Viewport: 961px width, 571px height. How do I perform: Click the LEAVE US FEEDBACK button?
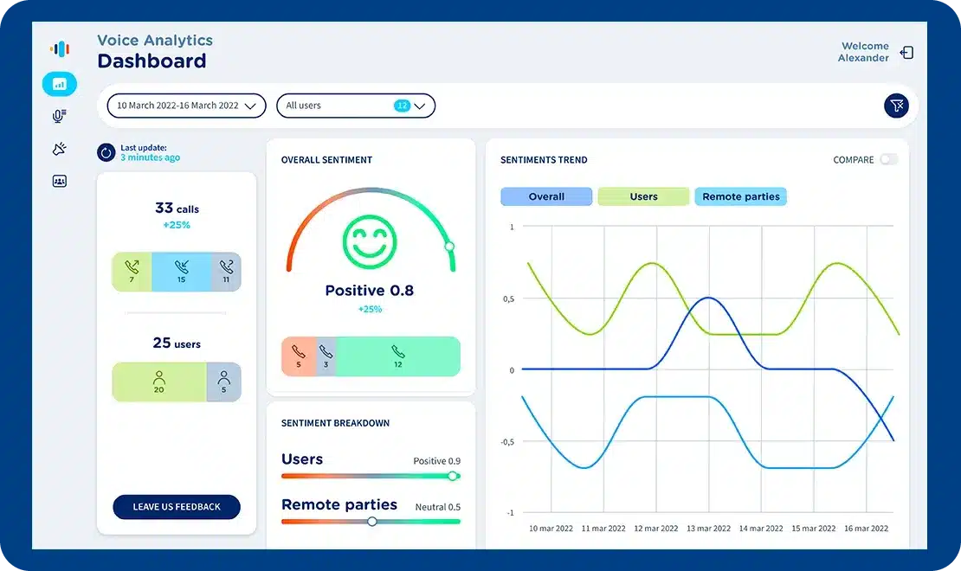[177, 507]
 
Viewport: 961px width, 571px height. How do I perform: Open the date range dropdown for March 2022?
[186, 106]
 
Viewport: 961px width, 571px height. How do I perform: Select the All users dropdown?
[355, 106]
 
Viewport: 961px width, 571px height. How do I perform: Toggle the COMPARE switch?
[888, 159]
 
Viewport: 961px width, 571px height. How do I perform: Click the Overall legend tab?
[546, 196]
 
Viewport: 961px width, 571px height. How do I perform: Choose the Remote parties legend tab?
[740, 196]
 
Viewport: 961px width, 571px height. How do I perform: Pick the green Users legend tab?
[643, 196]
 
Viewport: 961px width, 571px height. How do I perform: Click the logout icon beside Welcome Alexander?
[906, 53]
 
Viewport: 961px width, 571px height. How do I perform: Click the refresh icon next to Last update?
[106, 153]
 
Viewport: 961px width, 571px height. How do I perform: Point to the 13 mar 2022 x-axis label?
[709, 528]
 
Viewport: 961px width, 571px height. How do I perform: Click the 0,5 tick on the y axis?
[508, 298]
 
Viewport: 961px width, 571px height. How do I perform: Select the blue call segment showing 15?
[181, 272]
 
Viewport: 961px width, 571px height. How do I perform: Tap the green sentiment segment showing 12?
[397, 356]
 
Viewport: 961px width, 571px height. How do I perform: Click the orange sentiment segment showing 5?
[299, 356]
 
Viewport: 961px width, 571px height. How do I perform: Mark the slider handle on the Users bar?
[452, 476]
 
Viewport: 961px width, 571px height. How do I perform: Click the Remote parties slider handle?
[372, 521]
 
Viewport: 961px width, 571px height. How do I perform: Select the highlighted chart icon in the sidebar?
[60, 84]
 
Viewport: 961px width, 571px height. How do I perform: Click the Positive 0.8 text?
[370, 291]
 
